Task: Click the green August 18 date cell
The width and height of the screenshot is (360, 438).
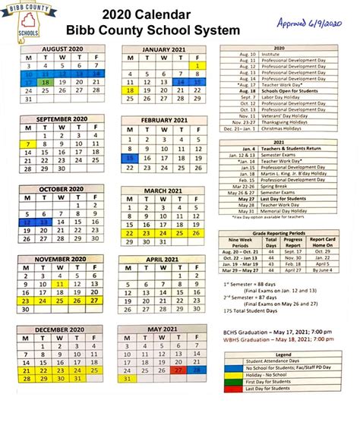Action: tap(46, 81)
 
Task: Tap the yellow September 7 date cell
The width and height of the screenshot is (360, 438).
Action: tap(28, 143)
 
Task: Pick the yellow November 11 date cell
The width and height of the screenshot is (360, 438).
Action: tap(61, 282)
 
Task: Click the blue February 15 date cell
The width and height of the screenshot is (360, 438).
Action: tap(131, 159)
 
